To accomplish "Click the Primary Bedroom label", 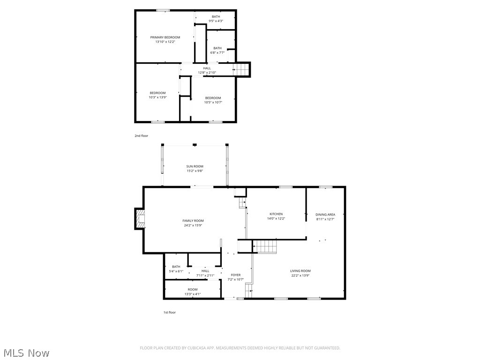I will point(165,37).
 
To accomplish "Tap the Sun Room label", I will point(195,166).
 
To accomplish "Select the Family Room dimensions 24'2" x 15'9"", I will point(193,225).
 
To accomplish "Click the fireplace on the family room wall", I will point(140,219).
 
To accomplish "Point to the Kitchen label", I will point(276,214).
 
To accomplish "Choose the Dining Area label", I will point(325,215).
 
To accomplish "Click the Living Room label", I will point(300,271).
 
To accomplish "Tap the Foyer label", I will point(235,275).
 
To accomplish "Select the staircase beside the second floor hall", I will point(241,69).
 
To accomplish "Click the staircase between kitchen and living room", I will point(265,246).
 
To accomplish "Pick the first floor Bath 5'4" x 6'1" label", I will point(176,267).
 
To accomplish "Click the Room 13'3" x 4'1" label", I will point(193,290).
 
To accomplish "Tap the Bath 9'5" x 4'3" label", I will point(216,17).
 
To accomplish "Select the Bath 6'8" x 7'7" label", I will point(217,48).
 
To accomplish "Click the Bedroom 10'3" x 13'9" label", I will point(157,93).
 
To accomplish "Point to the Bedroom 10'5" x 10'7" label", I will point(213,98).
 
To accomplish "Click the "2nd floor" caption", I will point(141,136).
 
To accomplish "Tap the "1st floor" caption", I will point(169,312).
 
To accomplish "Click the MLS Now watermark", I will point(26,352).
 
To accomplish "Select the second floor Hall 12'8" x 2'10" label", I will point(207,68).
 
